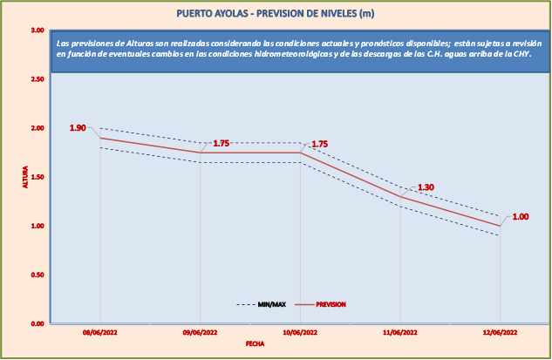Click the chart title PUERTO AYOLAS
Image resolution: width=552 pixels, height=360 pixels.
276,13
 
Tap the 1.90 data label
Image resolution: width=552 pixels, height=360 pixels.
78,128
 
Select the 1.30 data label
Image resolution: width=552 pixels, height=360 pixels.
426,187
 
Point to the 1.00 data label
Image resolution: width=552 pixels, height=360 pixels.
521,217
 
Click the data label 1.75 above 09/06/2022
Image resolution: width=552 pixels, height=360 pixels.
221,143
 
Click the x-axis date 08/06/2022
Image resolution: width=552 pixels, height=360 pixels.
100,333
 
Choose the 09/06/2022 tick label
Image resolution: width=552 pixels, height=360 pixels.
201,333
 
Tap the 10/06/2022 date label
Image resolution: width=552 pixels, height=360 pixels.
300,333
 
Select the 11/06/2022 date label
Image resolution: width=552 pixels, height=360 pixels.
400,333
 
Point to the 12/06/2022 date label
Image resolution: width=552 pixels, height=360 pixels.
500,333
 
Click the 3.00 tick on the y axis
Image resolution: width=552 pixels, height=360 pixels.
37,31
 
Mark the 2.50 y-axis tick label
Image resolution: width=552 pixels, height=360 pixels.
37,79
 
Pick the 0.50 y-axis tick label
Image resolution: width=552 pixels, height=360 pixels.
37,275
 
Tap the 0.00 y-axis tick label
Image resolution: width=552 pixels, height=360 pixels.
37,323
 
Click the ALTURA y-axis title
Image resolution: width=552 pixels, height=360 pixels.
25,177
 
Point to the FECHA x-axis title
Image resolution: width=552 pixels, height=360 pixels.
255,344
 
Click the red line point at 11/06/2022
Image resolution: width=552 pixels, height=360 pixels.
400,196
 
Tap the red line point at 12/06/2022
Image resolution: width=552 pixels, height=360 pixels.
500,226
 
